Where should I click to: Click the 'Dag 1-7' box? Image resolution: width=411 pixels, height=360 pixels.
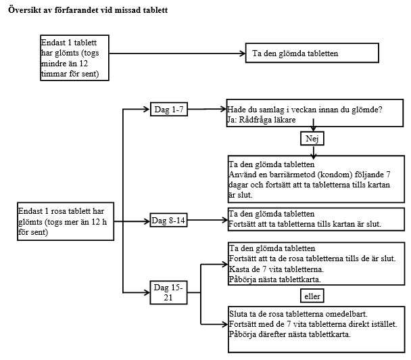point(169,109)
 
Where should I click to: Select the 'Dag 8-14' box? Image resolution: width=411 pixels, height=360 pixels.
point(168,220)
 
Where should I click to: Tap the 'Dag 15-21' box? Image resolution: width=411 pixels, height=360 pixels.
point(168,292)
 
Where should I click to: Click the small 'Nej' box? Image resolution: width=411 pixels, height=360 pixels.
point(312,138)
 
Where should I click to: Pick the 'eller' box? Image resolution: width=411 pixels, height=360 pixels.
point(312,296)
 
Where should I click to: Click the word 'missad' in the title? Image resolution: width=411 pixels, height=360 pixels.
point(128,10)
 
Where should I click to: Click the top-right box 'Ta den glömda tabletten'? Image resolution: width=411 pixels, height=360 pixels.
point(312,53)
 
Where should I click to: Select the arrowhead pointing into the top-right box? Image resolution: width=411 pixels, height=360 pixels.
point(243,53)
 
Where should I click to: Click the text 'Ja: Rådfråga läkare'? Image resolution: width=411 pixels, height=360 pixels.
point(262,120)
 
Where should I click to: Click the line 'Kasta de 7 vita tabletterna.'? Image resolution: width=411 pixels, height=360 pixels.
point(276,269)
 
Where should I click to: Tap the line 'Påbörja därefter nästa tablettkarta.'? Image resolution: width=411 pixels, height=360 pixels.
point(289,334)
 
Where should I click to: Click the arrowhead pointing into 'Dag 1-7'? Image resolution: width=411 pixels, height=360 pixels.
point(147,109)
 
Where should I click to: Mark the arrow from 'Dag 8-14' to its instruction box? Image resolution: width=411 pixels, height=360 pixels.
point(208,220)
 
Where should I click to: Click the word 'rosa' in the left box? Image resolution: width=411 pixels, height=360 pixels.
point(58,211)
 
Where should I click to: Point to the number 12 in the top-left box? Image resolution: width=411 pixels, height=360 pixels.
point(84,64)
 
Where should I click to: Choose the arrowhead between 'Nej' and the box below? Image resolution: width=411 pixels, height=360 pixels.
point(314,156)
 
